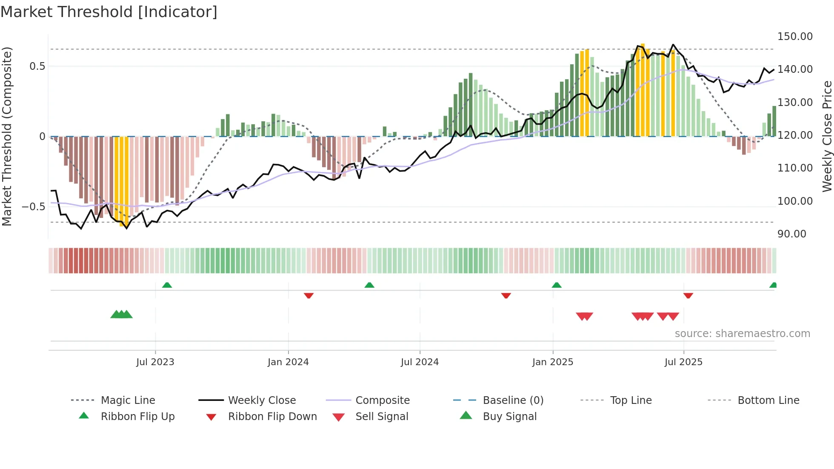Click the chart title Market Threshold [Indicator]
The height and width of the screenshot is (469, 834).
coord(109,12)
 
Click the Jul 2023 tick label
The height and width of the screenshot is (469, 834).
coord(155,362)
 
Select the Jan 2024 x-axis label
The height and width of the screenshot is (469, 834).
coord(288,362)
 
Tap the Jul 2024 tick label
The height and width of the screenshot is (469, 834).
coord(420,362)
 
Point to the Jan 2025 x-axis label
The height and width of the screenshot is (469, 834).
coord(552,362)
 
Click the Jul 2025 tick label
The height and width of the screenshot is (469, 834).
coord(683,362)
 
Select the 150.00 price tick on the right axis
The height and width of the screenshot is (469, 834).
coord(795,37)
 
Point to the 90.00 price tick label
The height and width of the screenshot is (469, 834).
coord(791,234)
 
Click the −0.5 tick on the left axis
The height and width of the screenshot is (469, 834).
coord(33,207)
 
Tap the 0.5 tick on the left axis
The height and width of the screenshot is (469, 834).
coord(37,66)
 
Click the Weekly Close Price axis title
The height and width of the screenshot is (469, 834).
coord(827,136)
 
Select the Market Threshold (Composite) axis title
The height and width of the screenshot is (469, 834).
coord(7,136)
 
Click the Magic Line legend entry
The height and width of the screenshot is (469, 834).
coord(128,400)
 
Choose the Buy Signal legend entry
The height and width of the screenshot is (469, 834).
coord(509,417)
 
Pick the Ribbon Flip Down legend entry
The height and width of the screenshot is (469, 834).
coord(272,417)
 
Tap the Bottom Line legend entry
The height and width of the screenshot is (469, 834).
coord(768,400)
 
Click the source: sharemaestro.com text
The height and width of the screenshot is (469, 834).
coord(742,334)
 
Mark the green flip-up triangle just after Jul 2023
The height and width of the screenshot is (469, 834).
coord(167,285)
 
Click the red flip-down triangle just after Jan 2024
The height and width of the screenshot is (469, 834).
coord(308,295)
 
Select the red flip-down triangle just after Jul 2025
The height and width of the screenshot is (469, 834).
coord(688,295)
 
